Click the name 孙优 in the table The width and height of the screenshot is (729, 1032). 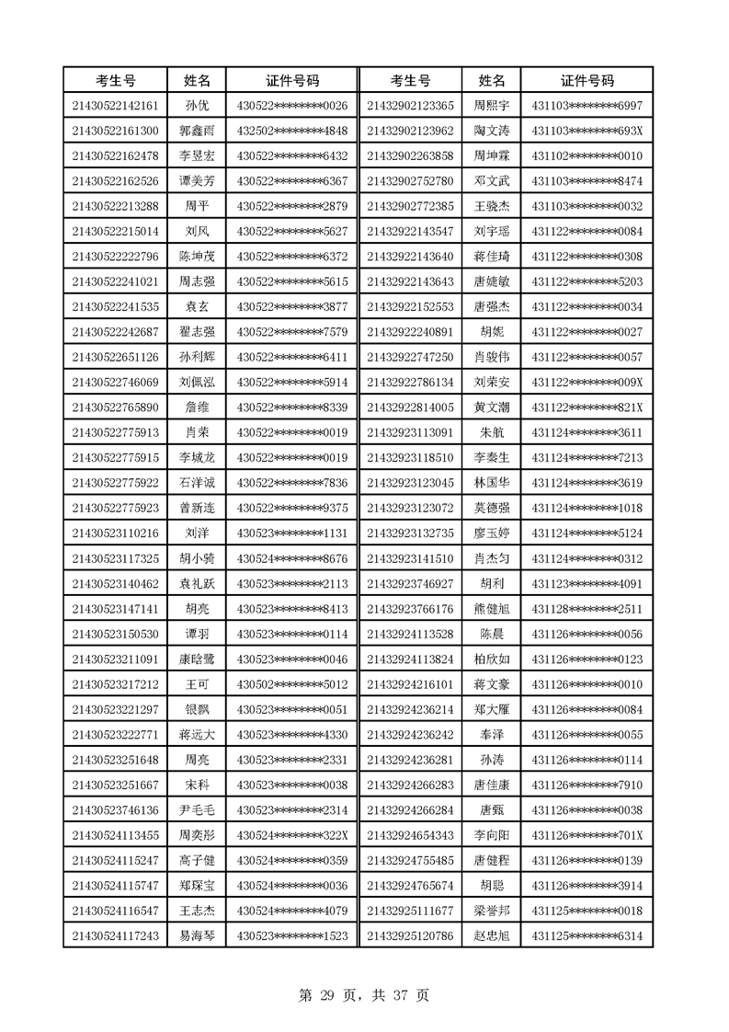pyautogui.click(x=197, y=106)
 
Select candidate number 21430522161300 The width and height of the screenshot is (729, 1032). pyautogui.click(x=115, y=131)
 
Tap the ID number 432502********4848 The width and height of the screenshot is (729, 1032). pyautogui.click(x=292, y=131)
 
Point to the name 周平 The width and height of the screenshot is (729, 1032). pyautogui.click(x=197, y=205)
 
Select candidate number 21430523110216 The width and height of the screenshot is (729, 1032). pyautogui.click(x=115, y=533)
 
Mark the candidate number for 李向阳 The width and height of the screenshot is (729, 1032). pyautogui.click(x=410, y=835)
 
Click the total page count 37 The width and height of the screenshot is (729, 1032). pyautogui.click(x=398, y=994)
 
